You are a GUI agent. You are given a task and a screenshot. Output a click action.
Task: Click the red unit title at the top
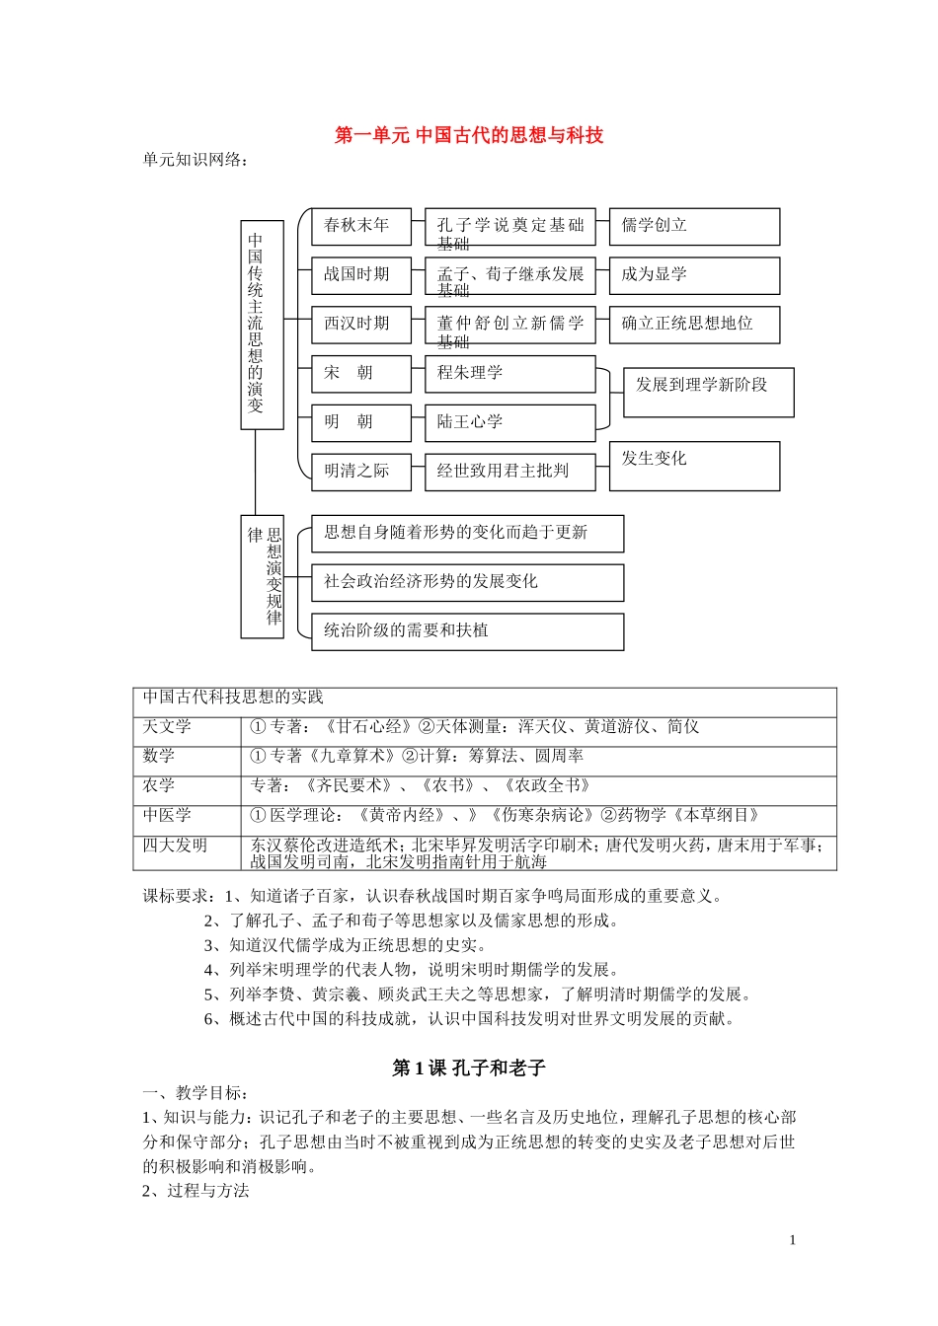point(469,135)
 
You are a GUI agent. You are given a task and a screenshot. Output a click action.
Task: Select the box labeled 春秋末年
point(360,226)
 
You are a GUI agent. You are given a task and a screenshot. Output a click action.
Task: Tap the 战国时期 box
point(360,275)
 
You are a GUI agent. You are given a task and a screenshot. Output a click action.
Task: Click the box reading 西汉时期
point(360,325)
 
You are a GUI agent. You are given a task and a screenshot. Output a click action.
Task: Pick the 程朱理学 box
point(509,374)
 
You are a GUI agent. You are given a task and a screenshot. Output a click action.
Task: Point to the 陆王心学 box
point(509,423)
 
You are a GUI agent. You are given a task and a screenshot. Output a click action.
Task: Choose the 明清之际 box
point(360,472)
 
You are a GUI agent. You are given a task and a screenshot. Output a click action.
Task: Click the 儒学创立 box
point(694,226)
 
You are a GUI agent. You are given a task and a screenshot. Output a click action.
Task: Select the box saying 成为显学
point(694,275)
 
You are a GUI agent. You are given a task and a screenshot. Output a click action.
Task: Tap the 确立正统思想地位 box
point(694,325)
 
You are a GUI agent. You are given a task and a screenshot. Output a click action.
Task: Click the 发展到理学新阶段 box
point(708,392)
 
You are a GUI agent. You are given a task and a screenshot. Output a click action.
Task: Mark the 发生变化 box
point(694,466)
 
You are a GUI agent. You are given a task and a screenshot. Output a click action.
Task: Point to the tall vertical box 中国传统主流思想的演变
point(262,325)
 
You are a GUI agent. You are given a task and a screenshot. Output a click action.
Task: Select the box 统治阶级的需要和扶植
point(467,631)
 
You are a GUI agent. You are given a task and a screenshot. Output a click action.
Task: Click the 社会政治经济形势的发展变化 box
point(467,582)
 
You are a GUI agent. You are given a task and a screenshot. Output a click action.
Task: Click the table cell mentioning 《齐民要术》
point(538,786)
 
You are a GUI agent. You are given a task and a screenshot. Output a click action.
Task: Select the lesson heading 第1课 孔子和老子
point(469,1068)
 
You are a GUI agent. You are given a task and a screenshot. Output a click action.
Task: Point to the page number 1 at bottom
point(792,1240)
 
